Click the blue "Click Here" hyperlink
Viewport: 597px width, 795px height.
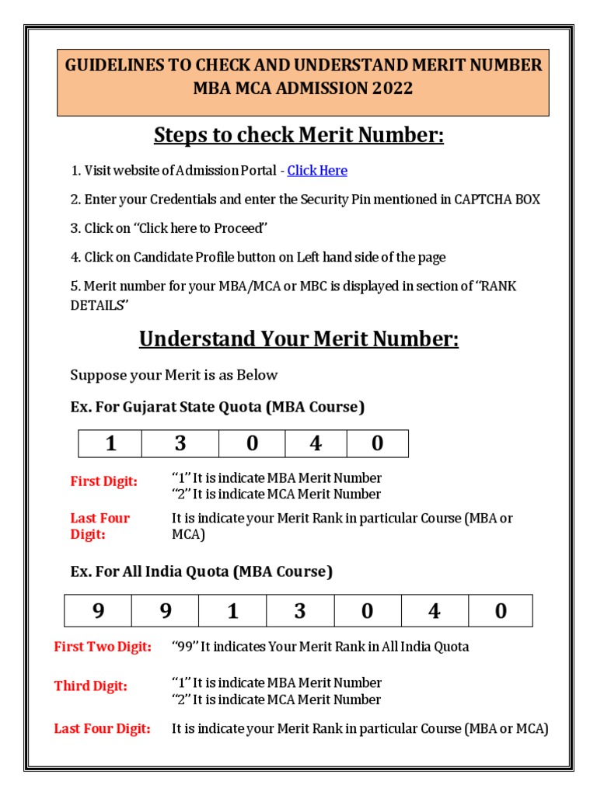[x=317, y=171]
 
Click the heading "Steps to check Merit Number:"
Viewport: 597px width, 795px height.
[x=298, y=135]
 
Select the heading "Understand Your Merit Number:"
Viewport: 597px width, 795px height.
[x=298, y=339]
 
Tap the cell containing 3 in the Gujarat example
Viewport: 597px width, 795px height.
[x=180, y=443]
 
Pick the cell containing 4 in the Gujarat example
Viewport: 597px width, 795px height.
[x=316, y=443]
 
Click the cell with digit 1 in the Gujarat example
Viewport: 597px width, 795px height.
[x=110, y=443]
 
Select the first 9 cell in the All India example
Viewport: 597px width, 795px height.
[x=98, y=611]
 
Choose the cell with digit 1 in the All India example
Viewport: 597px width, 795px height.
[x=232, y=611]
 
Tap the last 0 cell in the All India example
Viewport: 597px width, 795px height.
[x=501, y=611]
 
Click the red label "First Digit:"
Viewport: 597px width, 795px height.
[x=104, y=481]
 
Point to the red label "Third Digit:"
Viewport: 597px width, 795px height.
[x=91, y=686]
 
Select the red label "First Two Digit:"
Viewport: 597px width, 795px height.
[x=103, y=647]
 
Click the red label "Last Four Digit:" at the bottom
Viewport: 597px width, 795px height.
[x=102, y=729]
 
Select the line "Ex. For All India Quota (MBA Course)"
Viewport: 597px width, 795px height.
[x=201, y=572]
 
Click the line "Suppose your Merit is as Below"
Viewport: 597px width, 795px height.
[x=174, y=375]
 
